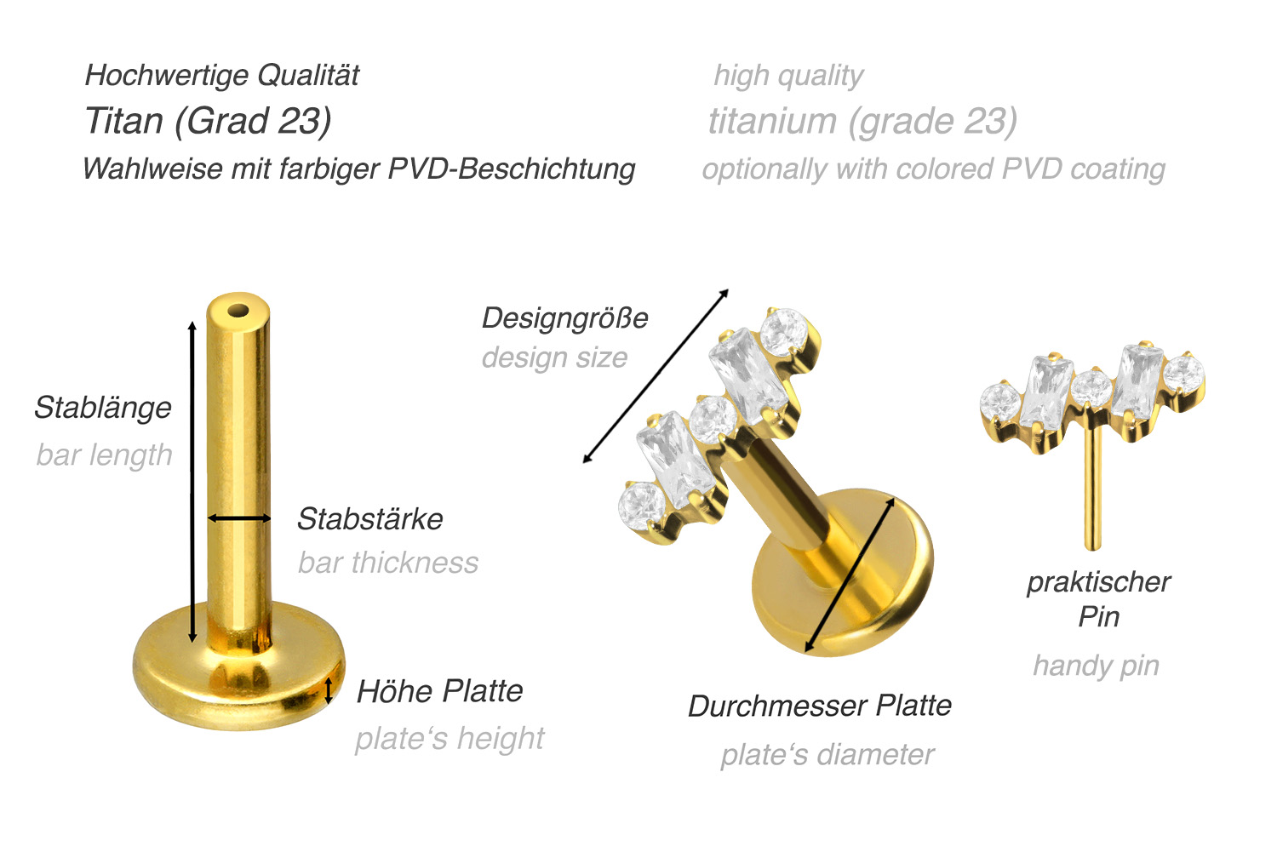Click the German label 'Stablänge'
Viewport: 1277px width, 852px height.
pyautogui.click(x=103, y=408)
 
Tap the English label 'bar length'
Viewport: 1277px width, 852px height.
pyautogui.click(x=105, y=455)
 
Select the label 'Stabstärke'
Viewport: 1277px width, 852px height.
pyautogui.click(x=370, y=518)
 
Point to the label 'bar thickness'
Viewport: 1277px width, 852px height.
pyautogui.click(x=388, y=563)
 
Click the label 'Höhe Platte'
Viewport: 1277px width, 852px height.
pyautogui.click(x=439, y=691)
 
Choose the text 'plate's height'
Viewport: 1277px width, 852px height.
pyautogui.click(x=450, y=739)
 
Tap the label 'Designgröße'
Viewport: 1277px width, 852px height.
pyautogui.click(x=565, y=318)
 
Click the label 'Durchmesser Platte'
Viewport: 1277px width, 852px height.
pyautogui.click(x=820, y=706)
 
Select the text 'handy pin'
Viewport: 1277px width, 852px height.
pyautogui.click(x=1097, y=666)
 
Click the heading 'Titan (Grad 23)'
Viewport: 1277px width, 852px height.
pyautogui.click(x=208, y=121)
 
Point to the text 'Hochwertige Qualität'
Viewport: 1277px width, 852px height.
pyautogui.click(x=221, y=75)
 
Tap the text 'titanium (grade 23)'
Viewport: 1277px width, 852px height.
pyautogui.click(x=862, y=122)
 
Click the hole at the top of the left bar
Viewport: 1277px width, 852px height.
pyautogui.click(x=238, y=312)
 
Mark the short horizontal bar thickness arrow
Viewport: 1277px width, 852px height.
pyautogui.click(x=239, y=518)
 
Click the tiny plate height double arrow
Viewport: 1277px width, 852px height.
pyautogui.click(x=328, y=690)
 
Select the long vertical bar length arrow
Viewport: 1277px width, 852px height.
pyautogui.click(x=192, y=482)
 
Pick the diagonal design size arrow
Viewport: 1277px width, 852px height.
pyautogui.click(x=656, y=376)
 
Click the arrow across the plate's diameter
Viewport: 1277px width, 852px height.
pyautogui.click(x=850, y=575)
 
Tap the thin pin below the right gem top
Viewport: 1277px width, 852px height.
pyautogui.click(x=1092, y=490)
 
